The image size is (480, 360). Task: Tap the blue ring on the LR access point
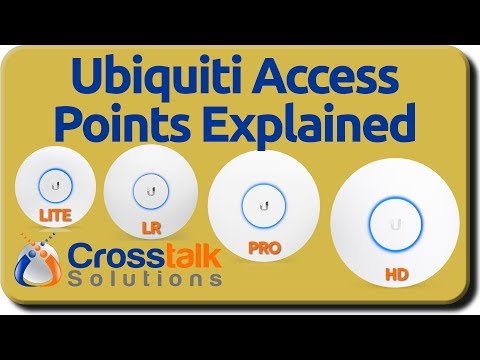point(153,187)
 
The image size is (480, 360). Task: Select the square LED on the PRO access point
point(263,204)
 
